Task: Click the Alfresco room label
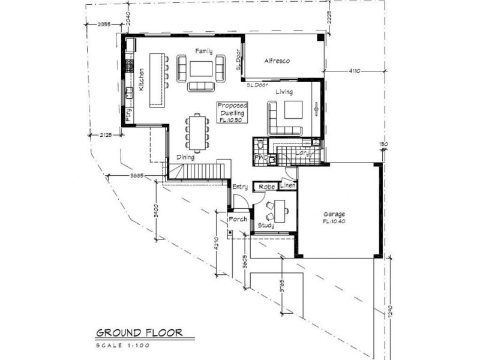278,61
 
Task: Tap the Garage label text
334,214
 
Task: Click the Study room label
266,225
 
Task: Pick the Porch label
238,219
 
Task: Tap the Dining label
185,157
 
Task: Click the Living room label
284,92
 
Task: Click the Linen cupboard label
288,187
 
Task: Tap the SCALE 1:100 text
122,345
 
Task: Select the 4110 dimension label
353,71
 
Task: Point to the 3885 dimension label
139,175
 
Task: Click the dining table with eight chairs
197,132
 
